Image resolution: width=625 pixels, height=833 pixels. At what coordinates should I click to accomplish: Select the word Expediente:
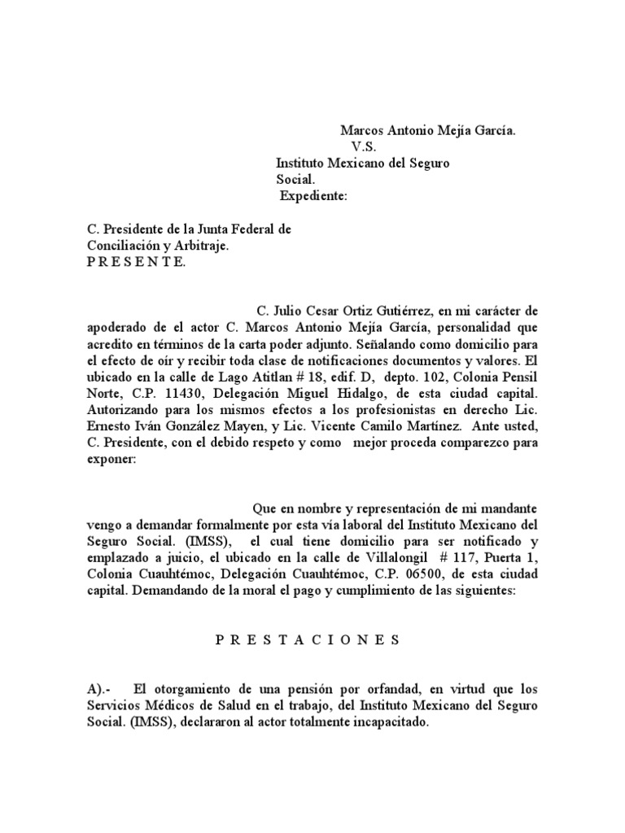coord(313,196)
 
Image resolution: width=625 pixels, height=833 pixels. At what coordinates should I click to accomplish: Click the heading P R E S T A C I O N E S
coord(308,640)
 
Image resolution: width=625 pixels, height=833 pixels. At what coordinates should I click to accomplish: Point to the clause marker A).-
coord(105,689)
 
